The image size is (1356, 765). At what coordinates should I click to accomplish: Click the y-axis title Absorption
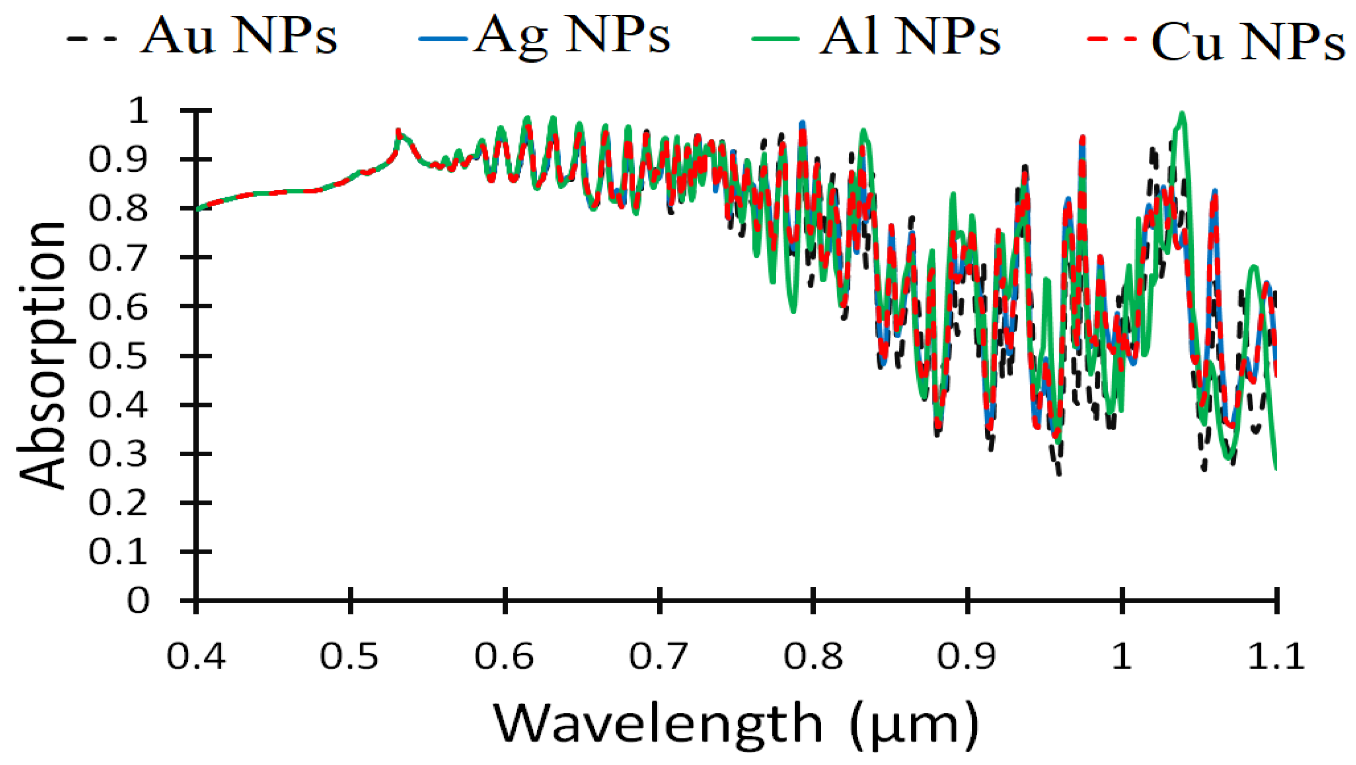(42, 356)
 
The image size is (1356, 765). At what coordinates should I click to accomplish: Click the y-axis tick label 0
(138, 600)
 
